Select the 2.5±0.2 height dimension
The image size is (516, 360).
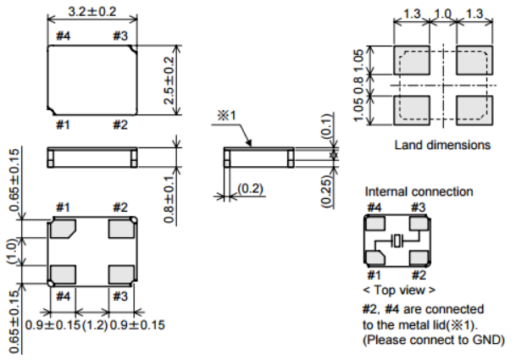(169, 80)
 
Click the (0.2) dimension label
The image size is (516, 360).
(248, 187)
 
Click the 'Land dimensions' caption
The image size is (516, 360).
(442, 145)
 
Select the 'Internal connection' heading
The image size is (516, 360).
(419, 192)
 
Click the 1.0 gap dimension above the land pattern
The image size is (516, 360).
(442, 14)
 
